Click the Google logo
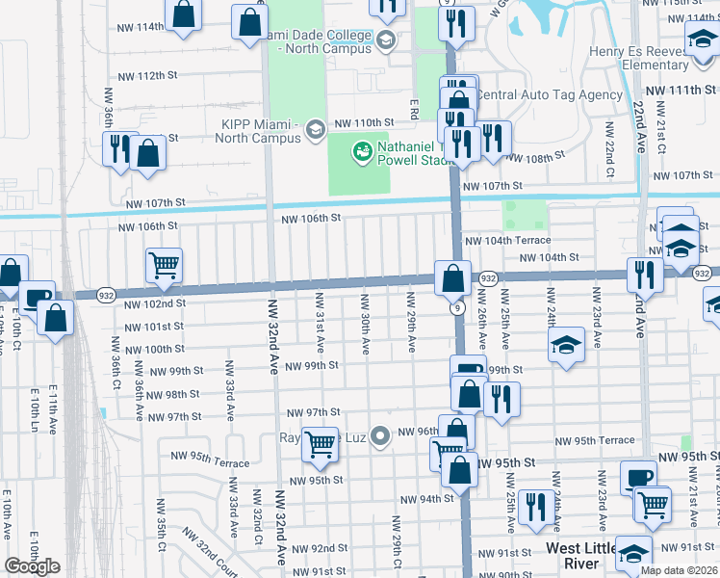(32, 566)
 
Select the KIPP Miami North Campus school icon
(315, 129)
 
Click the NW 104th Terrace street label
(507, 240)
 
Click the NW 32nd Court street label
(202, 555)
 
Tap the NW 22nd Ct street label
(609, 150)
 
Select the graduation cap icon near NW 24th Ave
(567, 344)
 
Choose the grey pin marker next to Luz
(380, 437)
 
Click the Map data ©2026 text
(678, 570)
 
